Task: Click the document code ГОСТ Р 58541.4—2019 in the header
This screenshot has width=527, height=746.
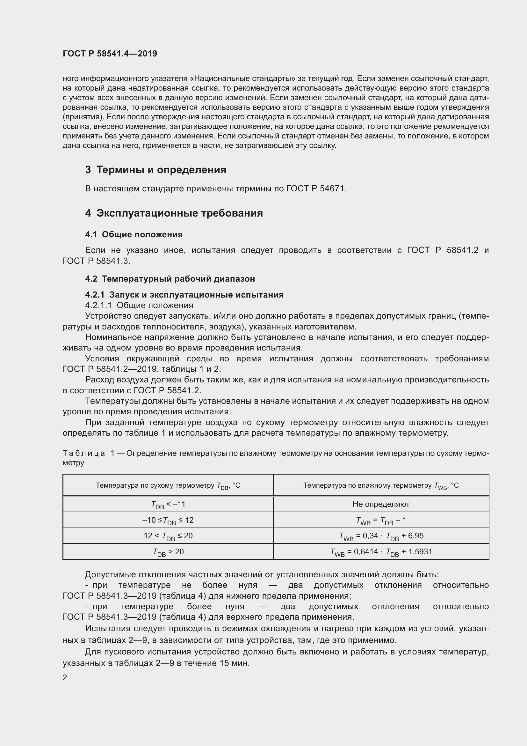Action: pyautogui.click(x=110, y=54)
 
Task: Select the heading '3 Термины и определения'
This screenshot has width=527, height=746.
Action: pyautogui.click(x=156, y=170)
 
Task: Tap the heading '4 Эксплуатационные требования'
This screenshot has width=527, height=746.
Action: pyautogui.click(x=174, y=213)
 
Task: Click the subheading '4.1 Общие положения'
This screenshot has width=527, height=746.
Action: pyautogui.click(x=134, y=234)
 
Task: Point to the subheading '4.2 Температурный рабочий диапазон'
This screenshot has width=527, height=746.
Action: pyautogui.click(x=170, y=278)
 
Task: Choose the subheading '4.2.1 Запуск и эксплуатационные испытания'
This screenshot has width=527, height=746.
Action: pyautogui.click(x=184, y=294)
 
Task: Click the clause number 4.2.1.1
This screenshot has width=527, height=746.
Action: pyautogui.click(x=98, y=305)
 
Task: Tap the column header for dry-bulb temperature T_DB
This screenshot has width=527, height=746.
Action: pyautogui.click(x=168, y=485)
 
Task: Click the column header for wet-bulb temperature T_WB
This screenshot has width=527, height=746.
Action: pyautogui.click(x=381, y=485)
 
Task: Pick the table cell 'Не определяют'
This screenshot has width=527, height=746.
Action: pyautogui.click(x=381, y=504)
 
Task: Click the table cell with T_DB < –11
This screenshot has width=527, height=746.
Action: pyautogui.click(x=168, y=504)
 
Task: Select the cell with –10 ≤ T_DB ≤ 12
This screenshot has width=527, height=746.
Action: pyautogui.click(x=168, y=520)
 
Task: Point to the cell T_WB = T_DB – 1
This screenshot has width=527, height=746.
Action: pyautogui.click(x=381, y=520)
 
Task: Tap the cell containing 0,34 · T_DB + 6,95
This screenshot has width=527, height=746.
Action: pyautogui.click(x=381, y=536)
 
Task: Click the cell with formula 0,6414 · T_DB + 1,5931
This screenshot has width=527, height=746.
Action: pyautogui.click(x=381, y=552)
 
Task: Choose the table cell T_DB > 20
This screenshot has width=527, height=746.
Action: pyautogui.click(x=168, y=552)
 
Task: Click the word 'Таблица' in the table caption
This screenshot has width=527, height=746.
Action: pyautogui.click(x=83, y=453)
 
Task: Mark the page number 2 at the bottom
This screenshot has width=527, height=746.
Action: pyautogui.click(x=65, y=678)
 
